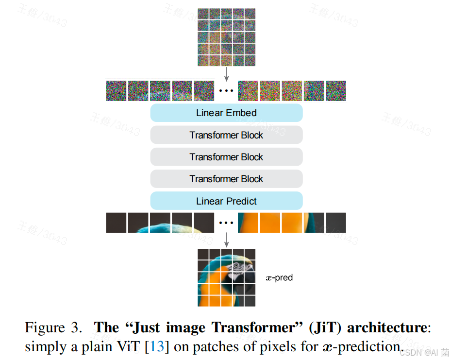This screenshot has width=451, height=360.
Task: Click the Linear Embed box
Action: [226, 113]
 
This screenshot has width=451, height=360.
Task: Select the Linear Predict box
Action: [226, 201]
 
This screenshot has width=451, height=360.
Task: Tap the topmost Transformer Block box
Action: [226, 135]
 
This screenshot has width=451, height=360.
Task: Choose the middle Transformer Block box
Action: [226, 157]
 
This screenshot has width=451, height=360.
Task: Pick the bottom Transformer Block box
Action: [226, 179]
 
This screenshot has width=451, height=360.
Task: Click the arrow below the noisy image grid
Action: [226, 73]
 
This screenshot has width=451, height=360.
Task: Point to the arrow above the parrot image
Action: [226, 240]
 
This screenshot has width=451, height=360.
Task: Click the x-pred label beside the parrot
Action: [279, 278]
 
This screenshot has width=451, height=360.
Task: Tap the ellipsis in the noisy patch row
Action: [226, 91]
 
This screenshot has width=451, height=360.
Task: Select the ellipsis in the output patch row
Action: [226, 223]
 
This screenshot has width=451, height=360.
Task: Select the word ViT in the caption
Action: [132, 347]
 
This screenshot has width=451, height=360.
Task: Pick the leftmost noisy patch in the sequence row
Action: [116, 91]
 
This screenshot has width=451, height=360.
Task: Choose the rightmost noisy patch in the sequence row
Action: [336, 91]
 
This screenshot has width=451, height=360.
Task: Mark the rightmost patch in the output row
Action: [336, 223]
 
